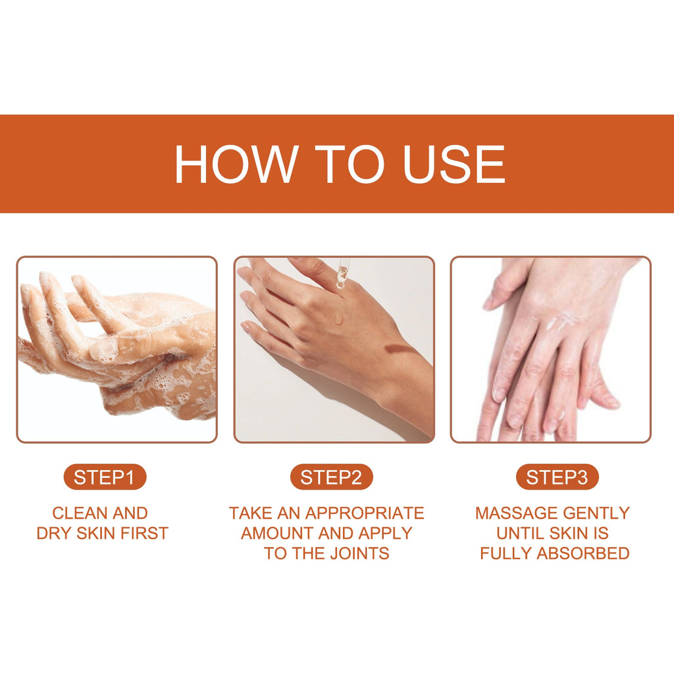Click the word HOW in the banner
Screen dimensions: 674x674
[236, 164]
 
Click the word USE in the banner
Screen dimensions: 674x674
[454, 164]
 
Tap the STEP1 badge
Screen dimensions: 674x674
[105, 477]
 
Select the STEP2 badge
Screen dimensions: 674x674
[331, 477]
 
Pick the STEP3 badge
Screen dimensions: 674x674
[557, 477]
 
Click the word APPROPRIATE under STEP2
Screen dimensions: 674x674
[365, 513]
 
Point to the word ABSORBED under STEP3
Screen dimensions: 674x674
[583, 553]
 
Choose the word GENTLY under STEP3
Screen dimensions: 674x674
[596, 513]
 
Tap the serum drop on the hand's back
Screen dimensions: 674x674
[339, 319]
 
